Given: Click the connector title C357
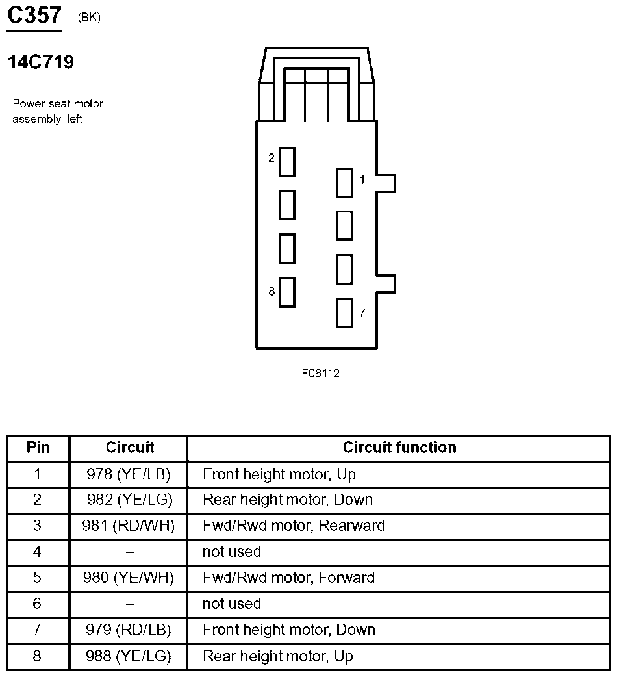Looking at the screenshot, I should coord(34,16).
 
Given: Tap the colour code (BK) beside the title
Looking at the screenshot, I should coord(89,18).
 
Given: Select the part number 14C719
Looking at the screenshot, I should coord(40,62).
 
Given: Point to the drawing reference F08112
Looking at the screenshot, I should coord(320,374).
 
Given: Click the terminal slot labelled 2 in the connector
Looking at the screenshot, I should coord(287,162).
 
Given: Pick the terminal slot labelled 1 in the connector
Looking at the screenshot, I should coord(344,183).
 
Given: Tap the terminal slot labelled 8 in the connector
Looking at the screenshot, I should coord(287,292).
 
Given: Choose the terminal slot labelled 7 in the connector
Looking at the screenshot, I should coord(344,313).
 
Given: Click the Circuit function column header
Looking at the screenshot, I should coord(399,448).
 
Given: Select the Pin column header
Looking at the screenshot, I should coord(38,448).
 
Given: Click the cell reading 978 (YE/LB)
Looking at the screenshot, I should coord(129,474).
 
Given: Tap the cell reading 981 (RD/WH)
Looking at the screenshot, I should coord(129,526).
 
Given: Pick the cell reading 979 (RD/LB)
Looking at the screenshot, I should coord(129,630).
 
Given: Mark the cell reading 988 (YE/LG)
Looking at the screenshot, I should coord(129,656).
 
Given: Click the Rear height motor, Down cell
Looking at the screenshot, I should coord(288,500).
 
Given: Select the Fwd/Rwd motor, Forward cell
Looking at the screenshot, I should coord(288,578).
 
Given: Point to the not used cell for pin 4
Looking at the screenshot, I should coord(232,552).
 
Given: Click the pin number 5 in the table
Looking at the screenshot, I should coord(37,578).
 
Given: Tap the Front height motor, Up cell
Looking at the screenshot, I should coord(279,474).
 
